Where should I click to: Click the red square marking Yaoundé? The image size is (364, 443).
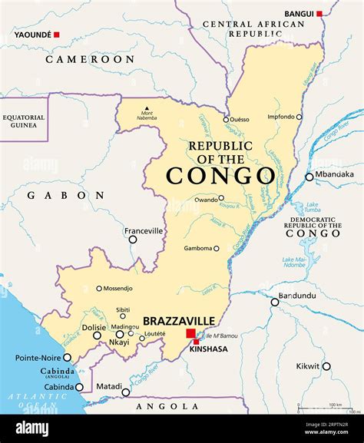tap(56, 35)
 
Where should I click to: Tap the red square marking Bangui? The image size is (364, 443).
tap(319, 14)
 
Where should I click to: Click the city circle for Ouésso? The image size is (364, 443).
tap(226, 120)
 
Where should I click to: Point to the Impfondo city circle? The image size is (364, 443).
tap(299, 117)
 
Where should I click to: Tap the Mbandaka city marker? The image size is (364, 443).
tap(309, 177)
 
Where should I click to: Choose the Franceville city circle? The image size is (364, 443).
tap(133, 240)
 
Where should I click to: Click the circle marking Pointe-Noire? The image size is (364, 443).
tap(68, 357)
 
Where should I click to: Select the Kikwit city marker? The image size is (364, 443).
tap(326, 366)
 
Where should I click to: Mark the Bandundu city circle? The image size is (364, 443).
tap(275, 302)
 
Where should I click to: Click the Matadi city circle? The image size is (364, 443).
tap(126, 392)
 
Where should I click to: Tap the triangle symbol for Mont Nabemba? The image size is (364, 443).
tap(146, 108)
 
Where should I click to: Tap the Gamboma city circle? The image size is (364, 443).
tap(216, 249)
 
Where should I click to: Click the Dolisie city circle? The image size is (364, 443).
tap(97, 335)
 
